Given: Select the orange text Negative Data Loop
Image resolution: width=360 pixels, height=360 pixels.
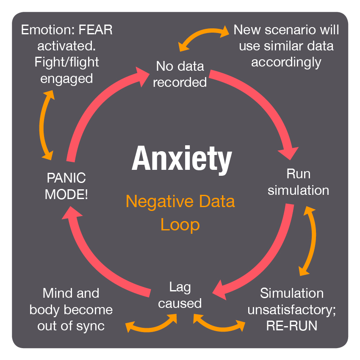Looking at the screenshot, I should [180, 213].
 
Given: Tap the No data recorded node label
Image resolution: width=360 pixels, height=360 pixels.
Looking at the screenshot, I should [180, 74].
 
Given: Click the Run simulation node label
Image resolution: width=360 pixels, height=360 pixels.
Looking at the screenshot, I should [298, 182].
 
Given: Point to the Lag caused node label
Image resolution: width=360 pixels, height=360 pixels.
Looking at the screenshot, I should [180, 295].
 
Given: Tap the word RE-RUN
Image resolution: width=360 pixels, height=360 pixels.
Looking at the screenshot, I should [291, 326].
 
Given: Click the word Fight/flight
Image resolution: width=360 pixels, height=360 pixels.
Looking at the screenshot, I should [67, 62].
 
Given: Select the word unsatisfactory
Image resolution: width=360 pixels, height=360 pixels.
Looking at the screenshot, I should [291, 310].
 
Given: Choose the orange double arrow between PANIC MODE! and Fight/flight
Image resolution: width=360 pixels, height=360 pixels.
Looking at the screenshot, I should [44, 123].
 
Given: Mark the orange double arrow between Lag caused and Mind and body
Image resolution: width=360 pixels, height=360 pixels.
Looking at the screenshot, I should [152, 323].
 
